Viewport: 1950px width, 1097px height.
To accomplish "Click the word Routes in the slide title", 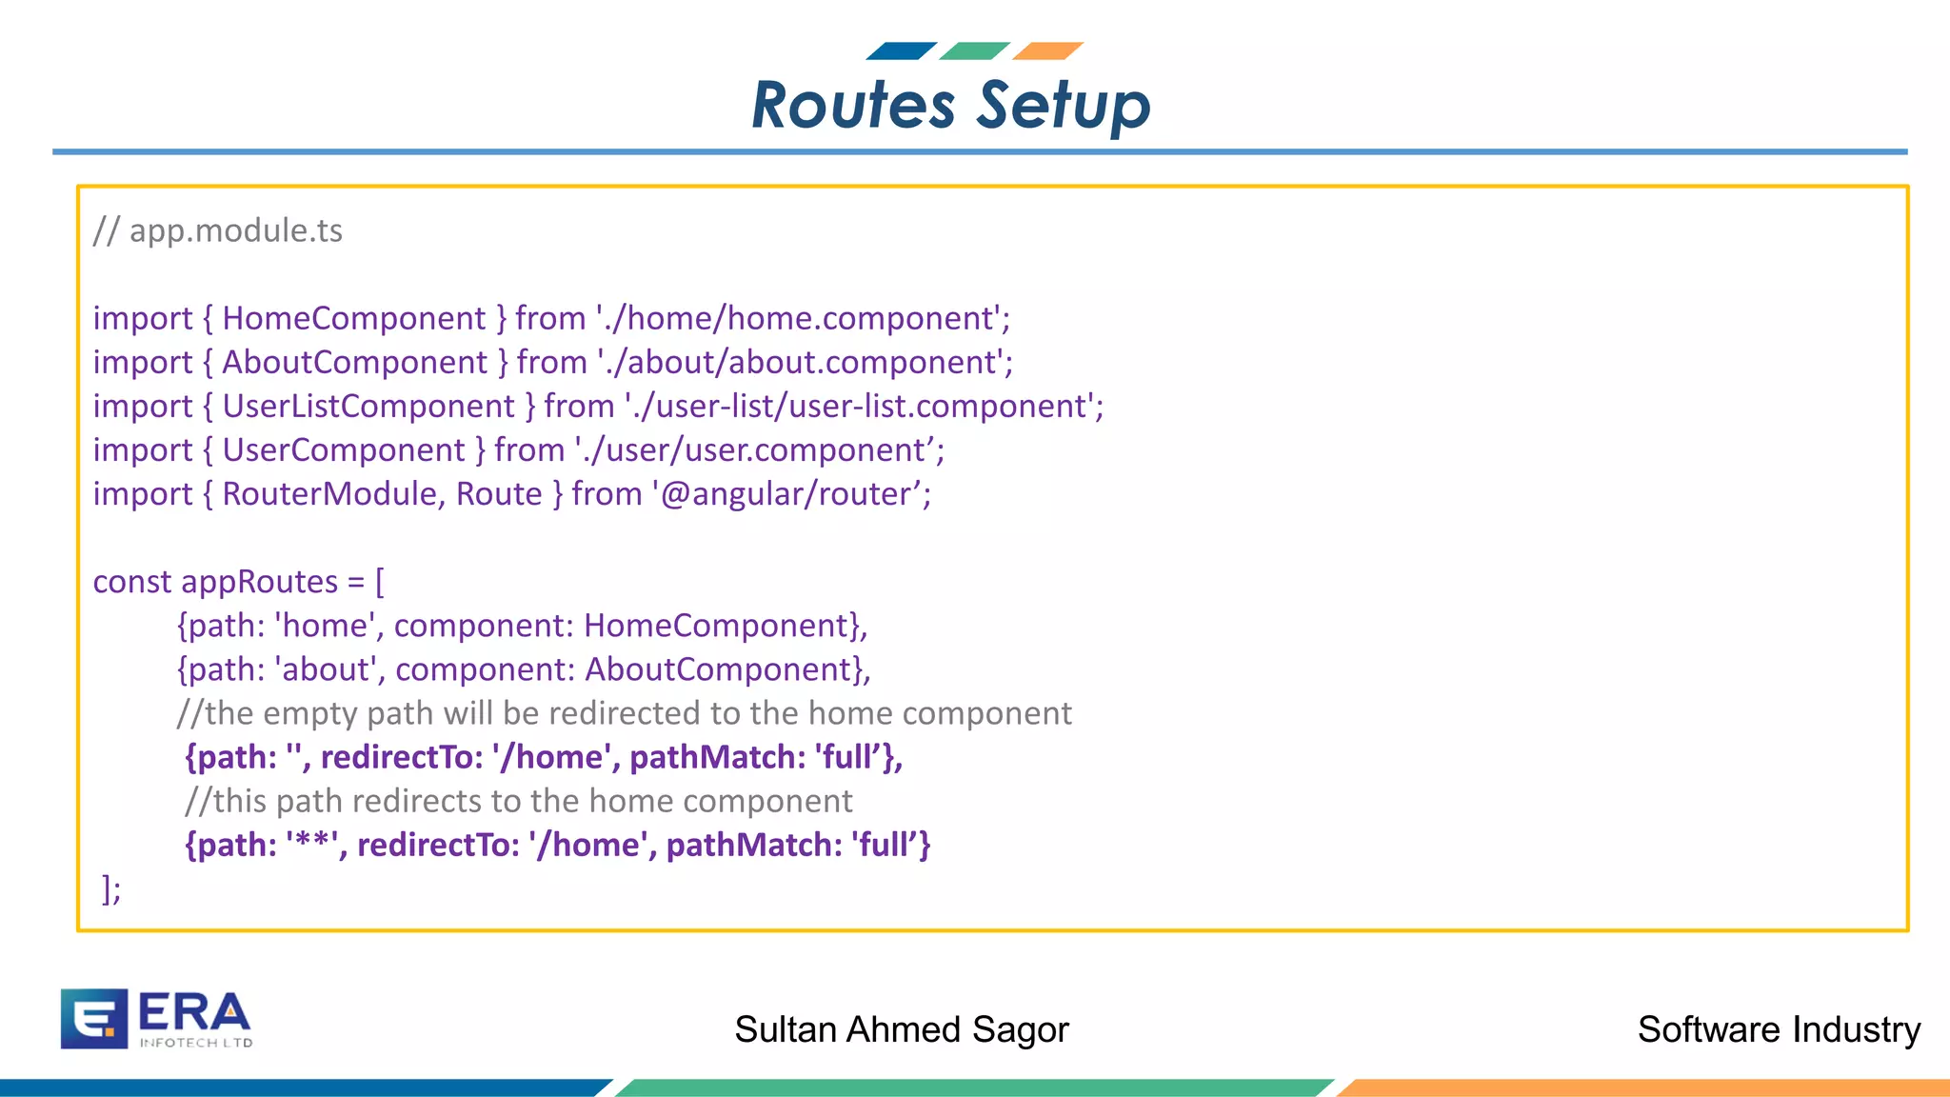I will click(x=852, y=105).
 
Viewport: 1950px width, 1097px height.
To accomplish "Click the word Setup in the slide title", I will click(x=1064, y=105).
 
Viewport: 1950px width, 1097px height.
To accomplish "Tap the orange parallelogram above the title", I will click(x=1047, y=51).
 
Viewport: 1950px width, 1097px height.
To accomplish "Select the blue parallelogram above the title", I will click(x=901, y=51).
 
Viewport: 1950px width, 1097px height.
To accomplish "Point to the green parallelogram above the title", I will click(x=974, y=51).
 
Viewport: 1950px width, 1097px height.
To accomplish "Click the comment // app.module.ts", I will click(x=218, y=230).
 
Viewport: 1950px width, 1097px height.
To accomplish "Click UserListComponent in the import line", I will click(x=368, y=407).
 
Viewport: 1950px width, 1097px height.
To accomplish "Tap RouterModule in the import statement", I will click(x=329, y=494).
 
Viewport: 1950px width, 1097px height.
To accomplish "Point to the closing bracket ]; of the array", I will click(x=111, y=889).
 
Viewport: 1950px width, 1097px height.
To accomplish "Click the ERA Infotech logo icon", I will click(x=93, y=1018).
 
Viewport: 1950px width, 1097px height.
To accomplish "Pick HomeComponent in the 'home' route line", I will click(x=716, y=626).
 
